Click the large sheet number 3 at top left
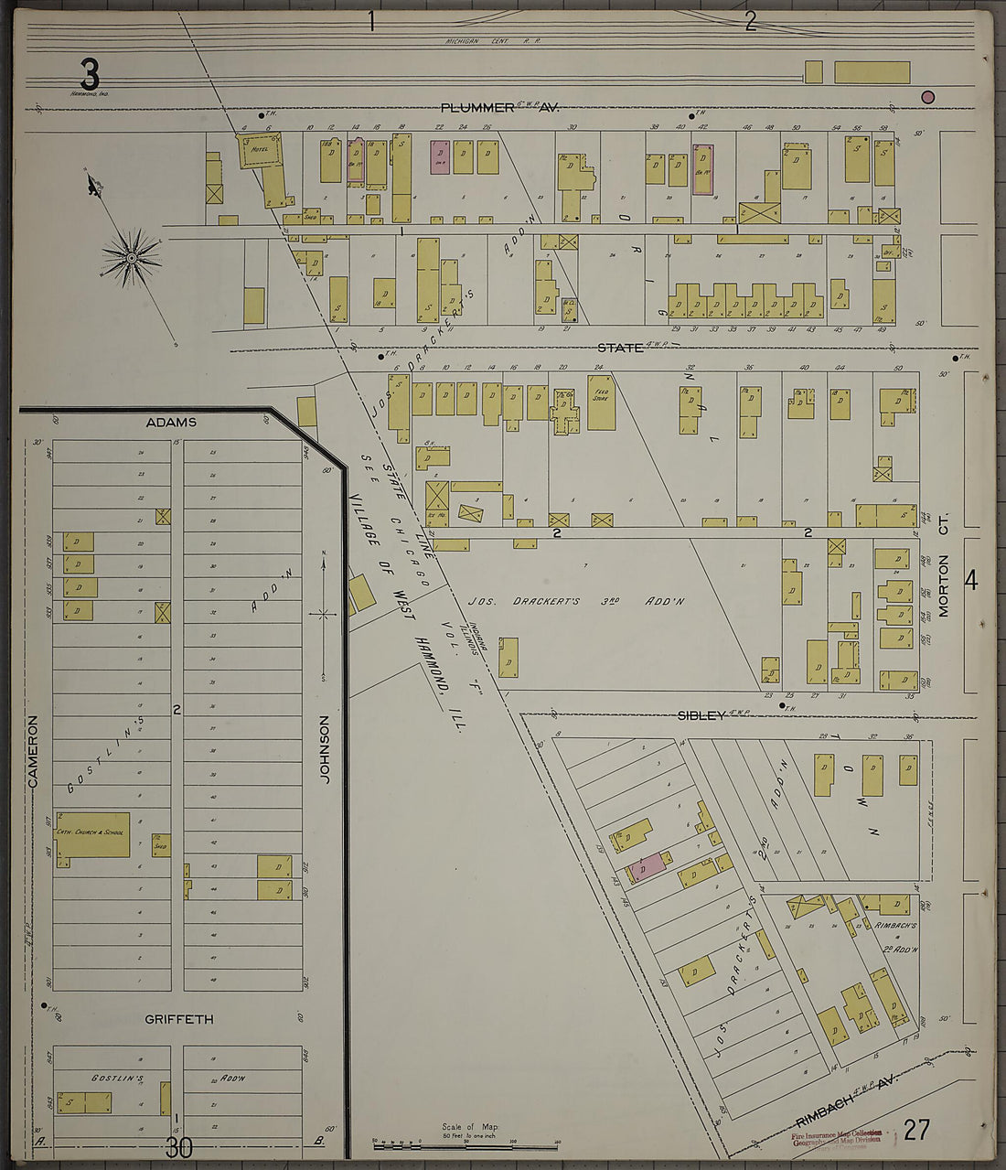pyautogui.click(x=89, y=73)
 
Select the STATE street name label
pyautogui.click(x=620, y=348)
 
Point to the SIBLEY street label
pyautogui.click(x=701, y=715)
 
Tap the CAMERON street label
pyautogui.click(x=33, y=749)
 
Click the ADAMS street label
pyautogui.click(x=171, y=423)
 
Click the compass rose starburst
pyautogui.click(x=132, y=257)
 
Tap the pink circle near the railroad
pyautogui.click(x=927, y=97)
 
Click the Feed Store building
pyautogui.click(x=601, y=402)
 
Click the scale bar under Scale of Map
pyautogui.click(x=466, y=1143)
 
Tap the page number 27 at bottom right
pyautogui.click(x=916, y=1131)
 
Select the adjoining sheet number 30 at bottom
pyautogui.click(x=179, y=1147)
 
